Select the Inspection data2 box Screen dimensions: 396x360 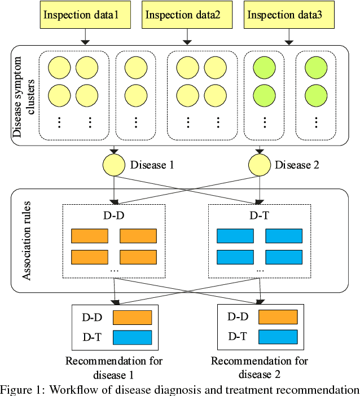pyautogui.click(x=184, y=15)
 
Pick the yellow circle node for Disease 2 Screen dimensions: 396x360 pyautogui.click(x=260, y=165)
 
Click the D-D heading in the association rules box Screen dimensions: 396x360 pyautogui.click(x=115, y=215)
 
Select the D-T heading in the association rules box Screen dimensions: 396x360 pyautogui.click(x=260, y=215)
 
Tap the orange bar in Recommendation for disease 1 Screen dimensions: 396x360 pyautogui.click(x=133, y=318)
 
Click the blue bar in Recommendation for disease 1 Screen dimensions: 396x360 pyautogui.click(x=133, y=337)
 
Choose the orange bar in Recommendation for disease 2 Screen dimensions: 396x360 pyautogui.click(x=278, y=317)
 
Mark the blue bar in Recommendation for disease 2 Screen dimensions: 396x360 pyautogui.click(x=278, y=337)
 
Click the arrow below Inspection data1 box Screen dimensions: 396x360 pyautogui.click(x=84, y=37)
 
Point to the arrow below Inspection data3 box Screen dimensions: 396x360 pyautogui.click(x=289, y=37)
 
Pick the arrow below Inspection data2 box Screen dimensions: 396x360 pyautogui.click(x=185, y=37)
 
